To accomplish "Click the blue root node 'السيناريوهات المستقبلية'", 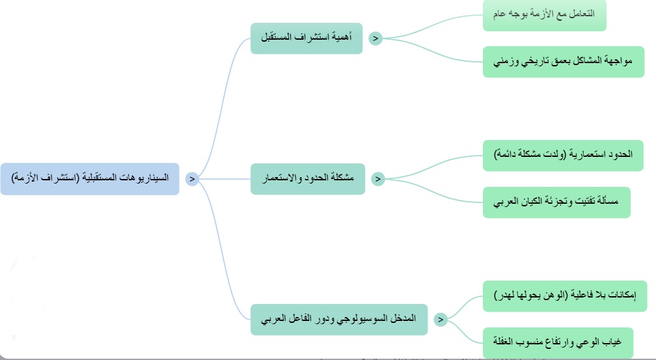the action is tap(90, 179).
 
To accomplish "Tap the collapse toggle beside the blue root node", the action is tap(192, 179).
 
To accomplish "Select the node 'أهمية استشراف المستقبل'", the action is tap(307, 38).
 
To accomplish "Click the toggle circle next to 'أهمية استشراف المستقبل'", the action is tap(376, 38).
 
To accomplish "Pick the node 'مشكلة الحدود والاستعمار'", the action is tap(308, 179).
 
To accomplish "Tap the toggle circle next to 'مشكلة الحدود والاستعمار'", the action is tap(377, 179).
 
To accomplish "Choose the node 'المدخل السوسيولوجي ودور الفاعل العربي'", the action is tap(339, 320).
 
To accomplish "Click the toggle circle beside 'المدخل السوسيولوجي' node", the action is tap(441, 320).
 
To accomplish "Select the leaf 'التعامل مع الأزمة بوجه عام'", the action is tap(545, 15).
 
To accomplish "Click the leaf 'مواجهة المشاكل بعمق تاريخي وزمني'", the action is tap(564, 62).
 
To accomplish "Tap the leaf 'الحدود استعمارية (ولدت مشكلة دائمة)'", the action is tap(563, 156).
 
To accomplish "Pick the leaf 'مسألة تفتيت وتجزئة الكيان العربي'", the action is tap(557, 202).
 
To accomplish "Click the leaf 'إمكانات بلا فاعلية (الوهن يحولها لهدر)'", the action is tap(565, 296).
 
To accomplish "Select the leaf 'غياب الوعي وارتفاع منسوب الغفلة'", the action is tap(558, 343).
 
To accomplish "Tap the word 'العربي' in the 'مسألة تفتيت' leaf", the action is tap(506, 202).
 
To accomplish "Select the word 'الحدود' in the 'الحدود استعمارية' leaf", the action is tap(620, 154).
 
